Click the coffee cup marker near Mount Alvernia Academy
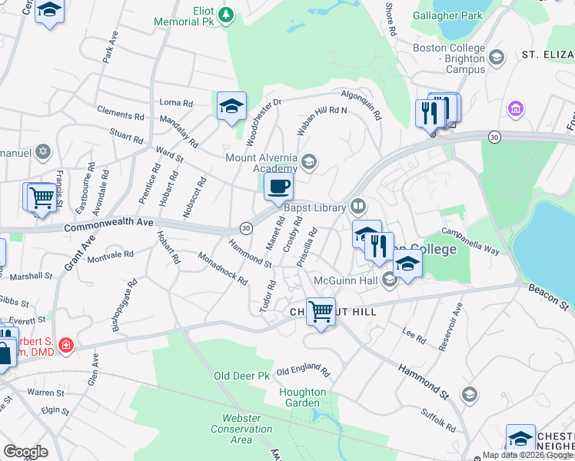click(278, 186)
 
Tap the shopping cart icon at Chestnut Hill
click(321, 312)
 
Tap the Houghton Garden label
click(302, 397)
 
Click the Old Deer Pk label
click(242, 376)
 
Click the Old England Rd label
click(303, 371)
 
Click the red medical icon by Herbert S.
click(67, 345)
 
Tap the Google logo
click(25, 452)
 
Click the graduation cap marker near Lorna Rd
click(231, 107)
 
